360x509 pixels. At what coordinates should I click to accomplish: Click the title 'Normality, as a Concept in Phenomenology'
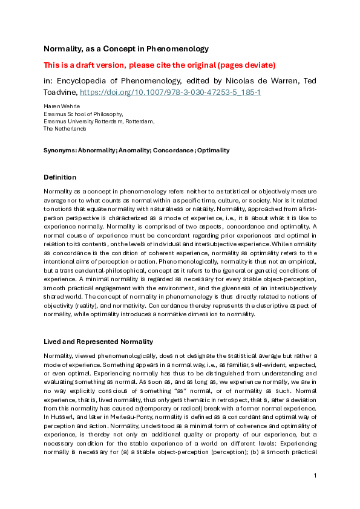click(126, 48)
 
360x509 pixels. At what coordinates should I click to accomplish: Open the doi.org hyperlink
click(171, 93)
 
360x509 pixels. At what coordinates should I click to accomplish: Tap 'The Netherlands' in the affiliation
click(65, 128)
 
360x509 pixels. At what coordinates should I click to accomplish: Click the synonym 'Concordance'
click(175, 150)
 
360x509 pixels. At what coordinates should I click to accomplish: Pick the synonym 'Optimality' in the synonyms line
click(213, 150)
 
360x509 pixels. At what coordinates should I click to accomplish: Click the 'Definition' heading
click(60, 177)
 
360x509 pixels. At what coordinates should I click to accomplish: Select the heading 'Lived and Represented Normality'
click(97, 342)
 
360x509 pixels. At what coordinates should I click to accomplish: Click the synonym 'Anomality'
click(137, 150)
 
